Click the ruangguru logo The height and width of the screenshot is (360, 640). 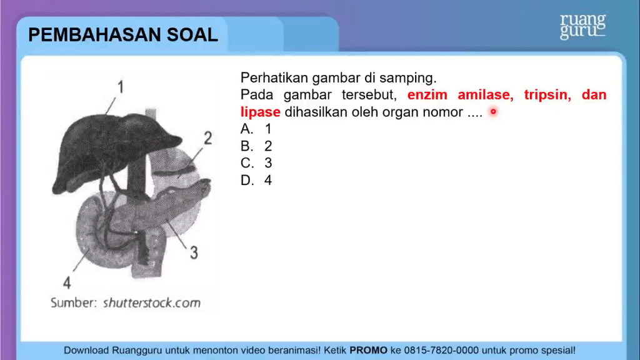582,26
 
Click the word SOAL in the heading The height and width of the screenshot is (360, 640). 192,35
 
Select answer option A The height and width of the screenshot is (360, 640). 256,129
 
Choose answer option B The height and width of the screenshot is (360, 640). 256,146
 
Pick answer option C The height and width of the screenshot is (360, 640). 256,163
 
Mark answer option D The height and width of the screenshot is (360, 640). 256,181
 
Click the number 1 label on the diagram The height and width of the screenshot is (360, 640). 121,87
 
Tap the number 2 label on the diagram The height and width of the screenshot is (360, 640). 207,138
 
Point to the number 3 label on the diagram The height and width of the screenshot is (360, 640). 194,252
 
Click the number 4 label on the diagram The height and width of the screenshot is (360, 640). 67,282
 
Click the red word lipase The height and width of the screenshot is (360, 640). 261,112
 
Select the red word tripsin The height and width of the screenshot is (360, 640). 547,95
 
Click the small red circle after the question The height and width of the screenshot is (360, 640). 493,111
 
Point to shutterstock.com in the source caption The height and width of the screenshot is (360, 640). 152,303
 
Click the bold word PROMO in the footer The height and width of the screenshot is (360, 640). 368,350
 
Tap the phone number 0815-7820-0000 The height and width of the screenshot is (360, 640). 441,350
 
